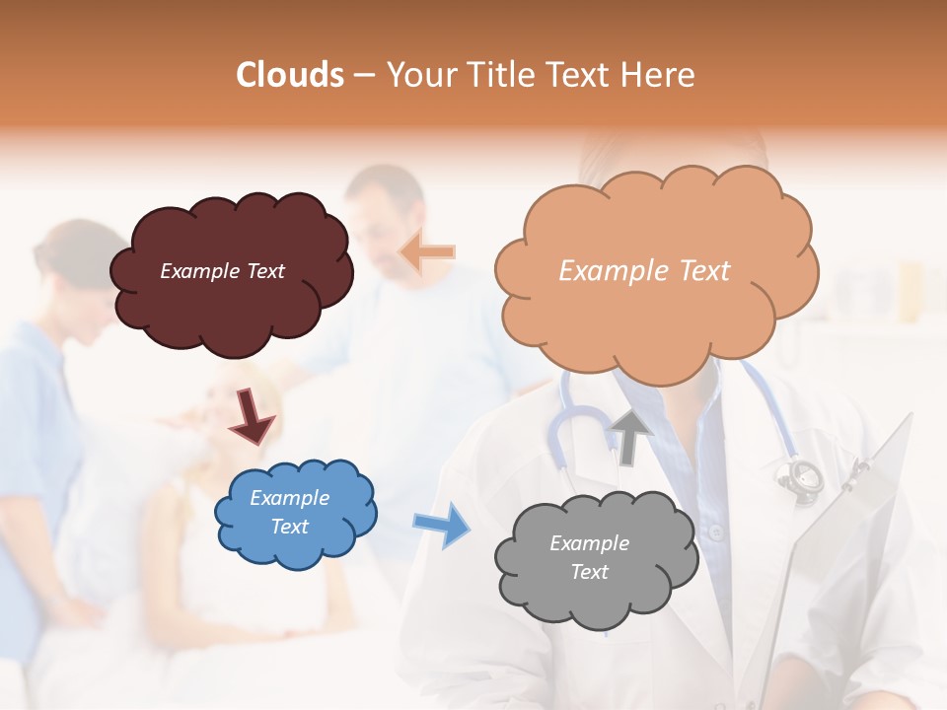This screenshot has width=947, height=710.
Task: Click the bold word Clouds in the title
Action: (290, 75)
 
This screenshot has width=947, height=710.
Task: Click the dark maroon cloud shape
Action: (232, 271)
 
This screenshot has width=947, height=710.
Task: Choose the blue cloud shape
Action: (295, 513)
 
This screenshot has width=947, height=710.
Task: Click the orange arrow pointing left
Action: (428, 252)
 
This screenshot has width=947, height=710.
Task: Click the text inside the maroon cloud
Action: (222, 271)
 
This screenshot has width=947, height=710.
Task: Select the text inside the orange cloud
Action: (644, 271)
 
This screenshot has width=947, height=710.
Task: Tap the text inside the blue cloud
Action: (289, 513)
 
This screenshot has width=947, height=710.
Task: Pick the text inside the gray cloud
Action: (589, 558)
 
